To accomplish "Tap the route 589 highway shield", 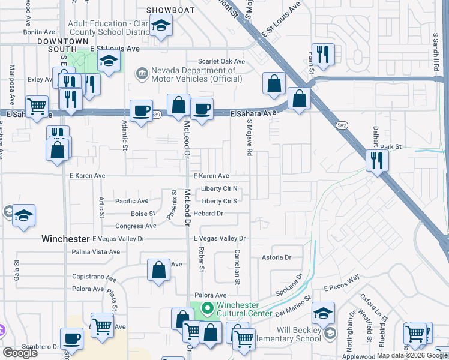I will click(157, 114).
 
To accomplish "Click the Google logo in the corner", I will click(20, 353).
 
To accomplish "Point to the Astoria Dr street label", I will click(276, 257).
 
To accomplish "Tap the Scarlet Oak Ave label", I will click(223, 62).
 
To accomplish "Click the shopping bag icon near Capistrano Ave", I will click(159, 271).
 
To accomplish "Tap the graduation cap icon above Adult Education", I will click(161, 26).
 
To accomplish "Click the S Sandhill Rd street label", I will click(436, 55).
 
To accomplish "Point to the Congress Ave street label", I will click(136, 226).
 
